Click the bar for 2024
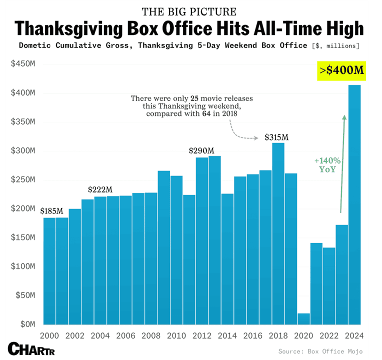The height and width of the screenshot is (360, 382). pos(354,205)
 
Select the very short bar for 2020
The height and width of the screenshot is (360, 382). pos(303,318)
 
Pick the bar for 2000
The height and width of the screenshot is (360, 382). pos(49,270)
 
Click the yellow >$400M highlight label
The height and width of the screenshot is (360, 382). pos(342,70)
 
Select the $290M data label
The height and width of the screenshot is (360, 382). pos(201,151)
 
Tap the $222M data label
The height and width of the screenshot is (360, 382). pos(100,190)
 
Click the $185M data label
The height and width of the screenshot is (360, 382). pos(51,211)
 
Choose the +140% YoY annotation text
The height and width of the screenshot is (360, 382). pos(327,165)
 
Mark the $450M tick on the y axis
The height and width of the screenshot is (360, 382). pos(22,64)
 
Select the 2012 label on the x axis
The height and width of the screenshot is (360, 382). pos(201,335)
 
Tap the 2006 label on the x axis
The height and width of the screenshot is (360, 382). pos(125,335)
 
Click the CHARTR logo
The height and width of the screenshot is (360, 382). pos(31,349)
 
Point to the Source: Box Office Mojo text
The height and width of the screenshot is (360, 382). pos(320,351)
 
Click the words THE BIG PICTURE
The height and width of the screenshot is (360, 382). pos(189,11)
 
